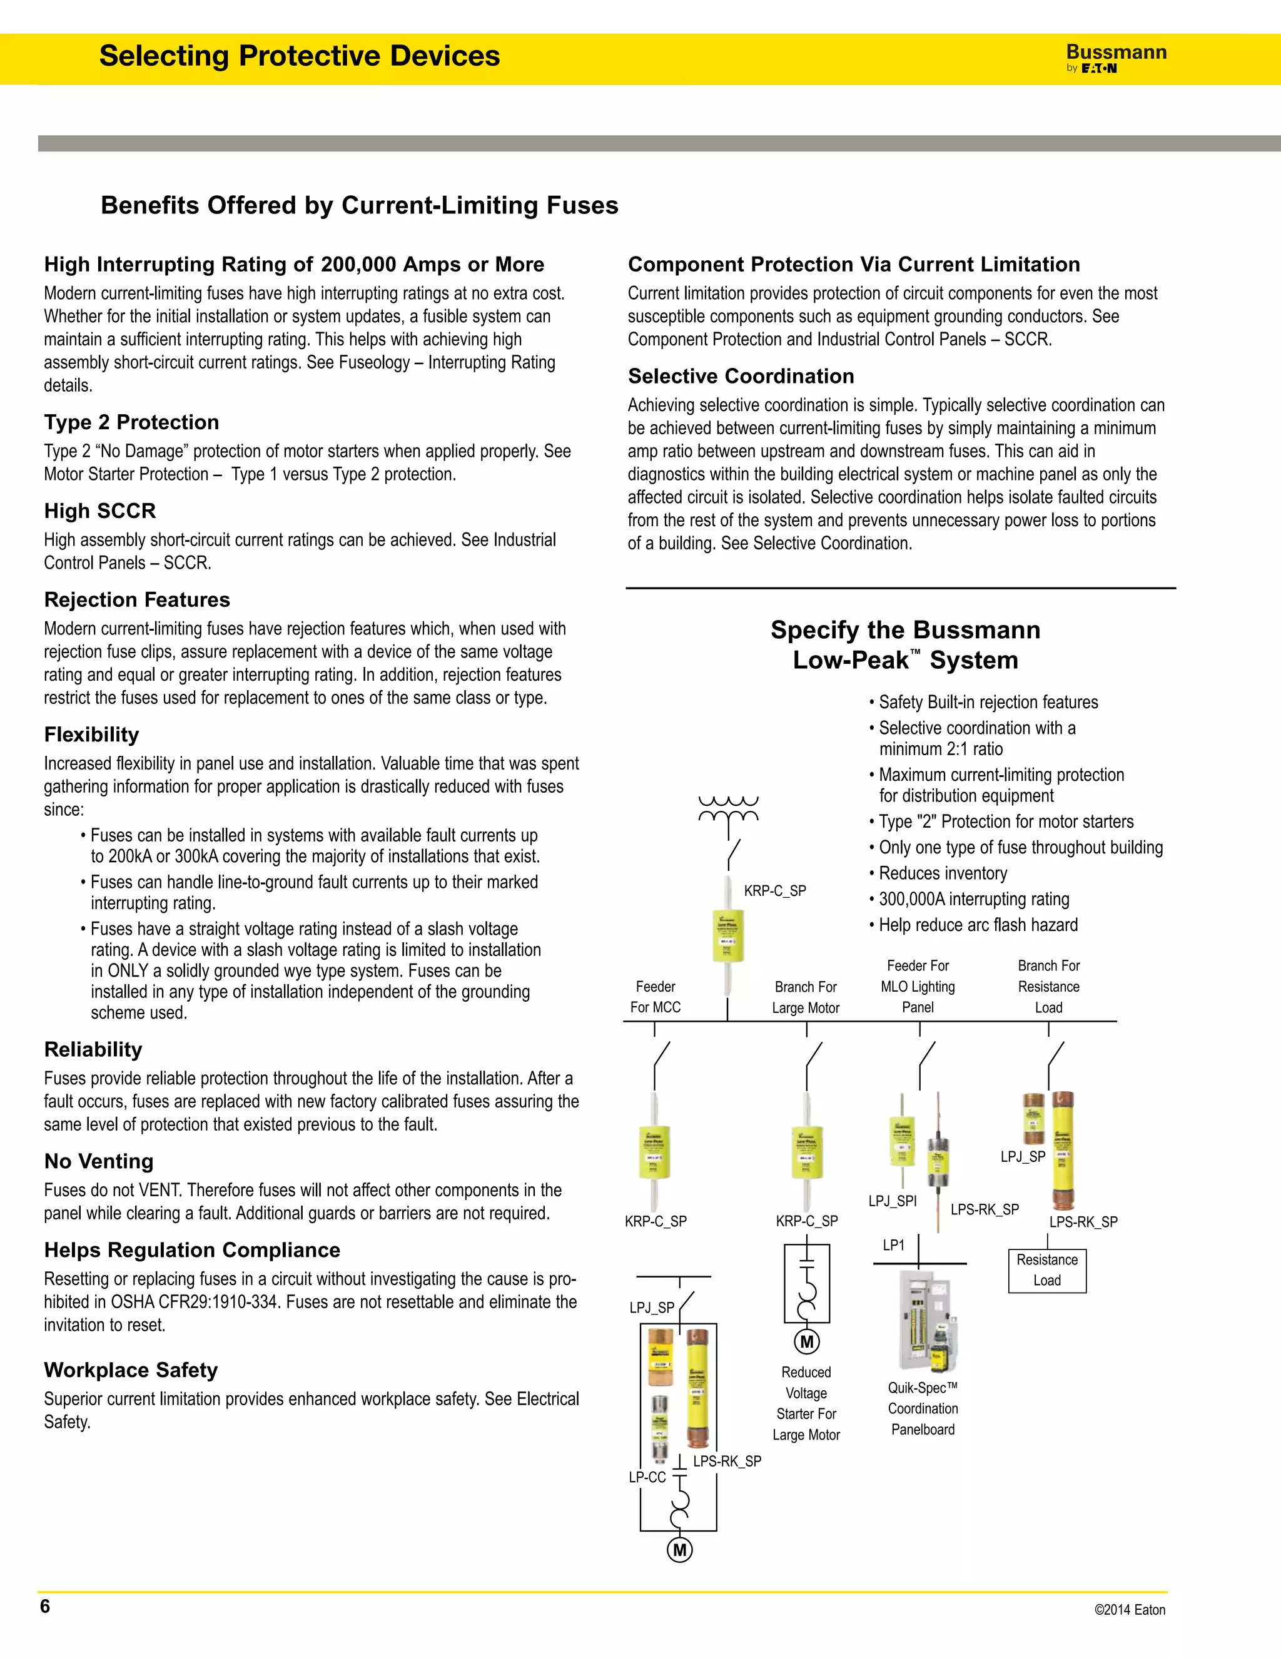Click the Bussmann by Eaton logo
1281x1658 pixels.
(x=1116, y=58)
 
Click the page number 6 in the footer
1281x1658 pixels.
(x=45, y=1605)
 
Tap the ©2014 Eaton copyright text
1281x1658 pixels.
(x=1129, y=1609)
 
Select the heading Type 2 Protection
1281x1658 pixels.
(x=131, y=422)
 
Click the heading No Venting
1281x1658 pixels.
(x=99, y=1161)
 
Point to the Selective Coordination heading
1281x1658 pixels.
(x=741, y=376)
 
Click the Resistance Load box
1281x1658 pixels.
(x=1046, y=1270)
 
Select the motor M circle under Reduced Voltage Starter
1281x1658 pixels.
(x=807, y=1341)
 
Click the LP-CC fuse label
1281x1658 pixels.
(x=647, y=1477)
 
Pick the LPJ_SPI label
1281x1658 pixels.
(x=893, y=1201)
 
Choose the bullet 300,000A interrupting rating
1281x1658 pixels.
(x=974, y=899)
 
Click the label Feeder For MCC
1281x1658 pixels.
(x=655, y=997)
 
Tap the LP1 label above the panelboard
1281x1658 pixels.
(x=893, y=1245)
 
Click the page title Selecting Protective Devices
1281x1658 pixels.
(x=299, y=56)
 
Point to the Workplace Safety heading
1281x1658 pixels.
(x=131, y=1370)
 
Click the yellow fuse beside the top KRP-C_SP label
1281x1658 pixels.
(x=728, y=935)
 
